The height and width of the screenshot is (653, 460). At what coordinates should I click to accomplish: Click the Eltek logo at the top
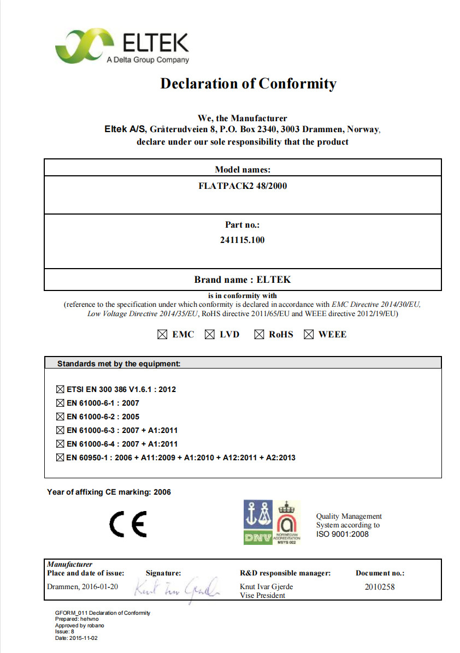click(122, 47)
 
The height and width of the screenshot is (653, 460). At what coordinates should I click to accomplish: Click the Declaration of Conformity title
click(248, 84)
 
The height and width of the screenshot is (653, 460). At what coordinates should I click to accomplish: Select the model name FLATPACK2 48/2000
click(243, 186)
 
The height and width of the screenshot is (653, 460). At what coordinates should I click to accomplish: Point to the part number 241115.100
click(242, 240)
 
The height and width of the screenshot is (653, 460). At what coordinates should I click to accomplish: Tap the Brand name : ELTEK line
click(243, 280)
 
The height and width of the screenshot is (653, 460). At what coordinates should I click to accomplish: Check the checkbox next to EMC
click(162, 335)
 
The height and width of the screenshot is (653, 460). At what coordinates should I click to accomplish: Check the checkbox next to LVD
click(210, 335)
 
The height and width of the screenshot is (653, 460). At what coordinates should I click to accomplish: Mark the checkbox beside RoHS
click(259, 335)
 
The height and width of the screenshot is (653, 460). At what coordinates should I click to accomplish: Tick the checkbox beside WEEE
click(309, 335)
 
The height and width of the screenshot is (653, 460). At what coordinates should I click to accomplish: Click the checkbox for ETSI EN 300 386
click(60, 390)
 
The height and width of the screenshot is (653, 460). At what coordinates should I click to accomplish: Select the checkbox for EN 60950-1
click(60, 458)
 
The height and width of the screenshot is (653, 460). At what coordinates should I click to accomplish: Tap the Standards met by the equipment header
click(119, 363)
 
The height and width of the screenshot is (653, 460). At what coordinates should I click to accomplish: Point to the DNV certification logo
click(258, 523)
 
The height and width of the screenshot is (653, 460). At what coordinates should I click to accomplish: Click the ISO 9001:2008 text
click(343, 534)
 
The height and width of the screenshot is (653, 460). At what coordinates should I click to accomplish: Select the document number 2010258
click(380, 587)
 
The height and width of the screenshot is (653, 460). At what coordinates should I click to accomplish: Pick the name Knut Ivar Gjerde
click(267, 587)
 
